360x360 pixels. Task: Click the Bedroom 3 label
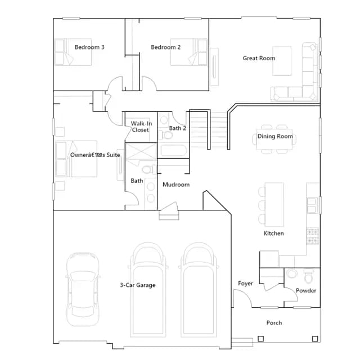89,47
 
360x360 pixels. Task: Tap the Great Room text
259,58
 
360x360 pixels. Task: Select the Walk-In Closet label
141,127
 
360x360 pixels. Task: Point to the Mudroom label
176,184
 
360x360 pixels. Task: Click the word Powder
306,291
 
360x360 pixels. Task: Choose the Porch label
274,323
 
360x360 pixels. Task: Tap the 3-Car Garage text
138,285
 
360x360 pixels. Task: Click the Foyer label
245,283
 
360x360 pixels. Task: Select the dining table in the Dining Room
274,139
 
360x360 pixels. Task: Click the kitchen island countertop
274,205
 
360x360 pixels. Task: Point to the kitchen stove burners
313,236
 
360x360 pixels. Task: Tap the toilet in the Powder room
308,276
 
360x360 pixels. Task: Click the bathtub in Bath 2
173,150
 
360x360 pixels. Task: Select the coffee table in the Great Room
282,61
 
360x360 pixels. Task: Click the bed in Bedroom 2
189,52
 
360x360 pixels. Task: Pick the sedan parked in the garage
83,289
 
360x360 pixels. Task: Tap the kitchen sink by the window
312,205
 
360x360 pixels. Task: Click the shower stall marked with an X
141,151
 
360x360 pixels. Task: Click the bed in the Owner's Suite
76,159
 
